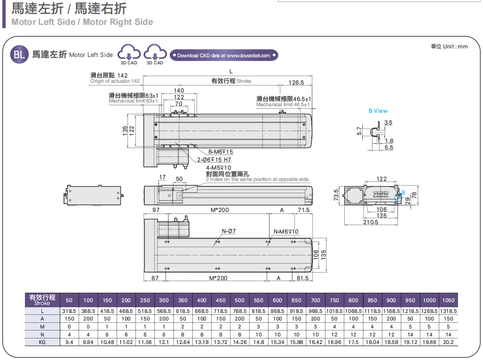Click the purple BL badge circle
[19, 55]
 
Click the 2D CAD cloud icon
[129, 53]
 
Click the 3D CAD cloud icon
[155, 53]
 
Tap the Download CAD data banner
[223, 55]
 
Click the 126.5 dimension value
[296, 82]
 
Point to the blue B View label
[378, 111]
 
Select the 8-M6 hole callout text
[221, 152]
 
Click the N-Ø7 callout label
[229, 231]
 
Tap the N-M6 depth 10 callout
[286, 231]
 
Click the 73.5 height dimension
[336, 195]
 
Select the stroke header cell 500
[239, 300]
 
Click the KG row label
[42, 342]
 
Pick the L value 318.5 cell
[69, 311]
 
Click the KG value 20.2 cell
[448, 342]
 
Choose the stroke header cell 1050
[448, 300]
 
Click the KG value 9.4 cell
[69, 342]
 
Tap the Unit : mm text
[449, 46]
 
